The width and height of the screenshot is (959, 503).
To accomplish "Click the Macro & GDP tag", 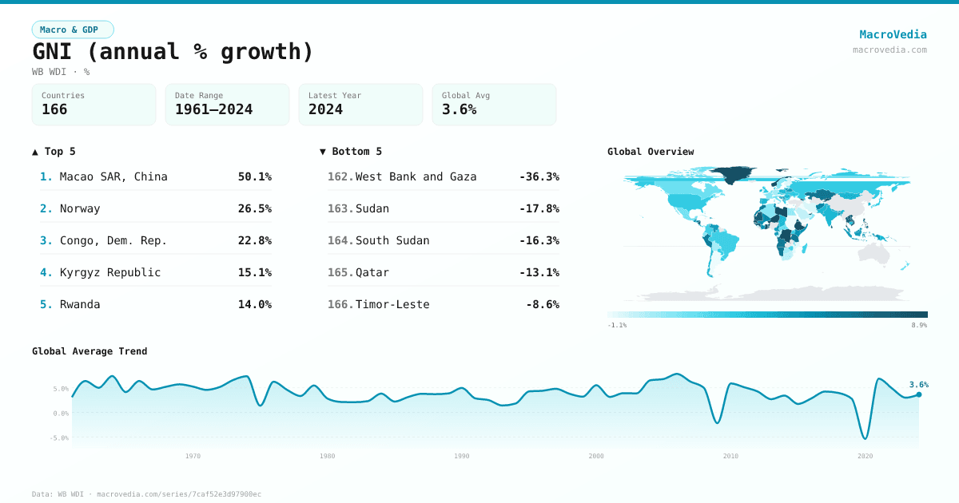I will [x=73, y=30].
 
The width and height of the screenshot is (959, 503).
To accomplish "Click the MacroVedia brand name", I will [x=893, y=34].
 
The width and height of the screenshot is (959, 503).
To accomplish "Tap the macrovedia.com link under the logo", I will [x=889, y=50].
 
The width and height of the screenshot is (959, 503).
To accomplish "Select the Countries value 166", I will [x=54, y=109].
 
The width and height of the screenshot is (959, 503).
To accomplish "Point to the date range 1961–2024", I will [x=213, y=109].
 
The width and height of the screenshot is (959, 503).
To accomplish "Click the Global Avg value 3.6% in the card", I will [x=459, y=109].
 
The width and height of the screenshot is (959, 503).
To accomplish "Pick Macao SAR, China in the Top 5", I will [x=113, y=176].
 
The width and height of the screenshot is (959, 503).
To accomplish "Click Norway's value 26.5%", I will [x=254, y=208].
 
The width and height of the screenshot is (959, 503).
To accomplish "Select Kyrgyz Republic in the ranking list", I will [x=110, y=272].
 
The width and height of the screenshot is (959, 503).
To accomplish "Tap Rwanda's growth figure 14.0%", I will [x=254, y=304].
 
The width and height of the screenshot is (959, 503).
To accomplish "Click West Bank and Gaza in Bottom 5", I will [x=416, y=176].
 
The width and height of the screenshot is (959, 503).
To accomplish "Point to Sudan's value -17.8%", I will [x=539, y=208].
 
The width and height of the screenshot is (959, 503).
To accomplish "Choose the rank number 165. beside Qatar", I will [x=340, y=272].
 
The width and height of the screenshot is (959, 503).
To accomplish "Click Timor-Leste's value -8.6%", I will [x=542, y=304].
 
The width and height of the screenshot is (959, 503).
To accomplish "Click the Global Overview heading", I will [x=651, y=152].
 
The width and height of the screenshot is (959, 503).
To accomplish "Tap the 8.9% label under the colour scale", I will [x=919, y=326].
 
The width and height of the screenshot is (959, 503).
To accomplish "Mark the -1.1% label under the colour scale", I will [x=617, y=326].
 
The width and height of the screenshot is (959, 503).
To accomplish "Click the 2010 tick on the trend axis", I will [x=730, y=456].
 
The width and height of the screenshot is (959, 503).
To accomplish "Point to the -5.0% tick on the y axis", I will [x=61, y=438].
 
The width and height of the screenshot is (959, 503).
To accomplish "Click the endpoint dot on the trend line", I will [x=919, y=394].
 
